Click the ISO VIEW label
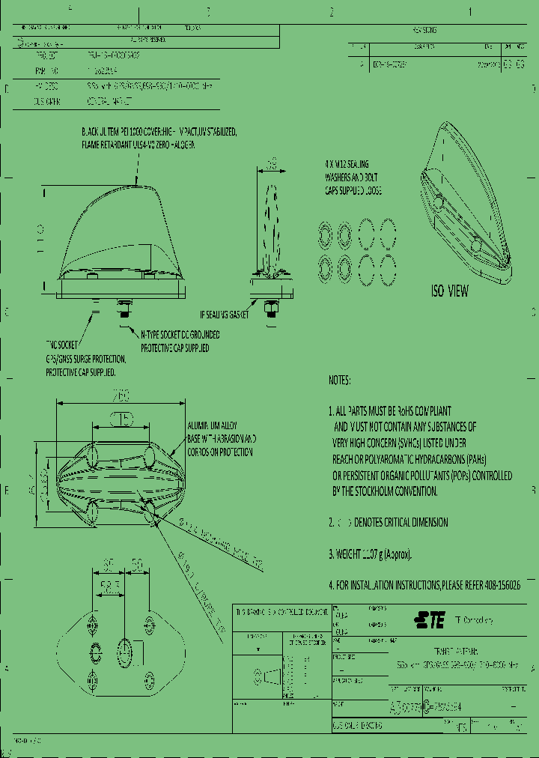[x=450, y=291]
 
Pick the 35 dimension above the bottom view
[x=109, y=563]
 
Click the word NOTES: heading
[x=339, y=380]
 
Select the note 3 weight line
[x=370, y=554]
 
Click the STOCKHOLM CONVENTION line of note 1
[x=385, y=491]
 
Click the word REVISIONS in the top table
[x=424, y=31]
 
